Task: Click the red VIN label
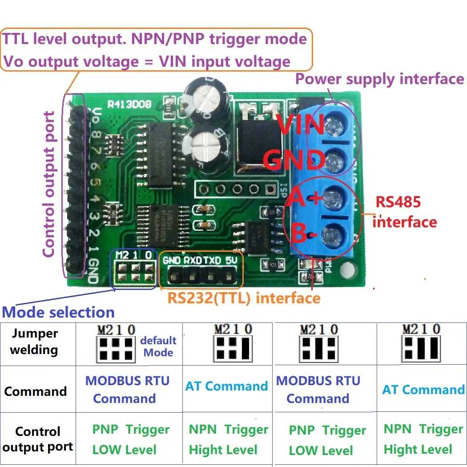(301, 126)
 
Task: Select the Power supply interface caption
(379, 79)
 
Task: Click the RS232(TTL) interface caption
(244, 298)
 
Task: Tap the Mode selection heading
(58, 312)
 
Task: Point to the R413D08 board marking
(129, 105)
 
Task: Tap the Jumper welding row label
(34, 342)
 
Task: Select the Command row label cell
(35, 392)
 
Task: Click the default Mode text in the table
(158, 346)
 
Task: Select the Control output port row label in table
(38, 439)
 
